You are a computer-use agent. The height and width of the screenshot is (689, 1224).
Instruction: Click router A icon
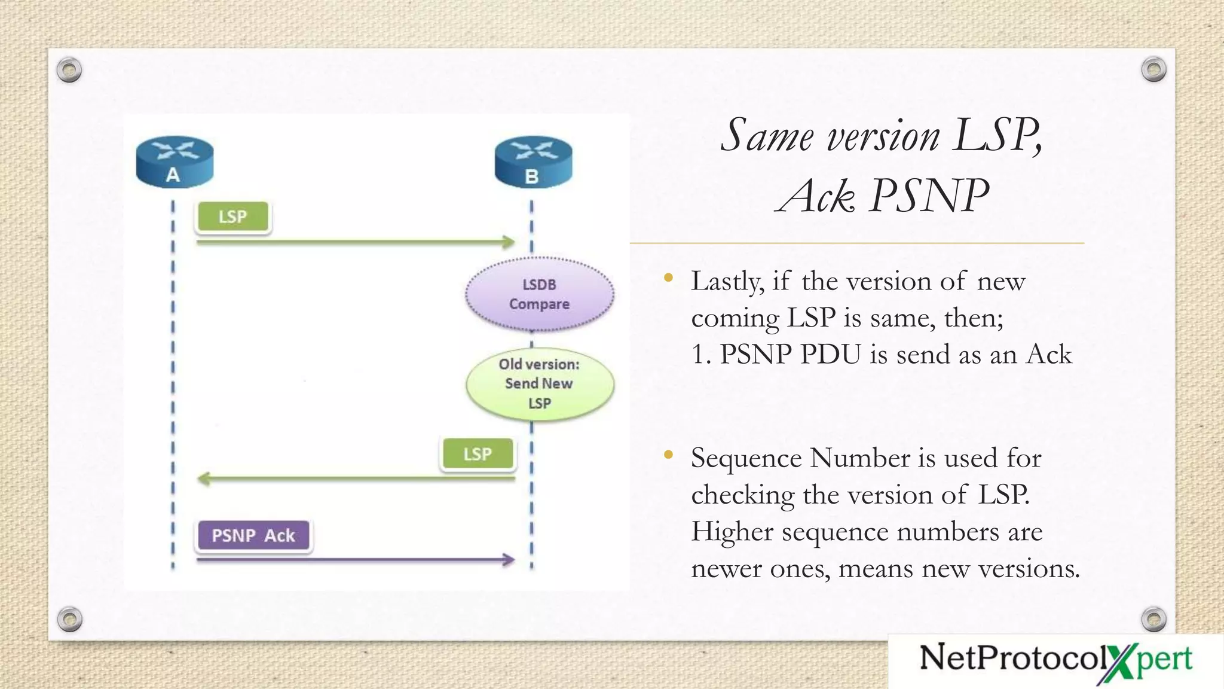pos(174,161)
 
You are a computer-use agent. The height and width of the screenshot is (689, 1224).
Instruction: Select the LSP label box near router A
pos(232,217)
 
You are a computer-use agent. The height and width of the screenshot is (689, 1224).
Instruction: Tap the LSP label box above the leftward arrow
pos(478,454)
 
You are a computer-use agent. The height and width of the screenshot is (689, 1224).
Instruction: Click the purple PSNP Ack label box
pos(253,535)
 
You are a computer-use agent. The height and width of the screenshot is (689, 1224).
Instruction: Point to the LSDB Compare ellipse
pos(539,294)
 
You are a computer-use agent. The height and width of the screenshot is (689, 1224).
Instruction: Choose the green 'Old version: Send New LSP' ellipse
pos(540,383)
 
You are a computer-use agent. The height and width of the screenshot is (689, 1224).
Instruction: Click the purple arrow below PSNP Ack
pos(355,560)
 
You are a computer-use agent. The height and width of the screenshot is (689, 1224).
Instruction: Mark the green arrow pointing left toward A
pos(355,478)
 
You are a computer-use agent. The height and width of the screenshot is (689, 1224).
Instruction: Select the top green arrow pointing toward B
pos(355,242)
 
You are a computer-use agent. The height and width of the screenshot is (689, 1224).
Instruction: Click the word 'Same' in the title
pos(767,136)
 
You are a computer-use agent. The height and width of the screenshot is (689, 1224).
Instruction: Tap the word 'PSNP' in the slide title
pos(929,196)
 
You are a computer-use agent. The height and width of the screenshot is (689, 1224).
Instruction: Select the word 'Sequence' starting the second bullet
pos(746,459)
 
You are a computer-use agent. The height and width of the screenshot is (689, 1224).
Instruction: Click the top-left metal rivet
pos(69,70)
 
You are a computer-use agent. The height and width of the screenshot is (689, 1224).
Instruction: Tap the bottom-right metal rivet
pos(1153,619)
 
